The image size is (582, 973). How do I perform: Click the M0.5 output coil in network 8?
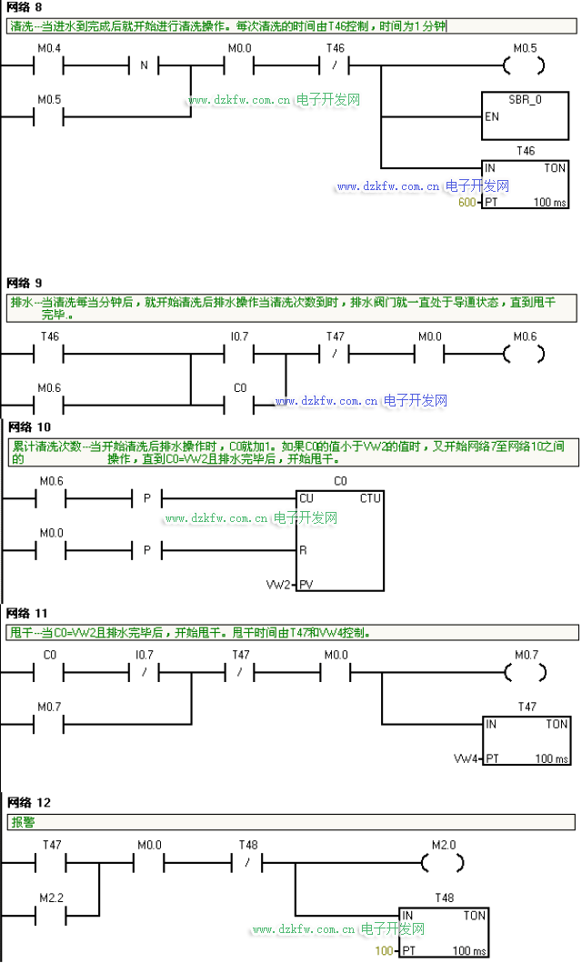[525, 65]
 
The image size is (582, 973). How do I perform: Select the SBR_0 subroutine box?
[525, 116]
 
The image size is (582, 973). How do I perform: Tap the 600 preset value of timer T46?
[467, 202]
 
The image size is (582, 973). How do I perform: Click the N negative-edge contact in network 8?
[144, 65]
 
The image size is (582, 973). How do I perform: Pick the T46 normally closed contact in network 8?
[335, 65]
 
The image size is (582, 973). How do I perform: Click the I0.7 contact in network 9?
[239, 355]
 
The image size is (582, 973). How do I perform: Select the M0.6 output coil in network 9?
[525, 355]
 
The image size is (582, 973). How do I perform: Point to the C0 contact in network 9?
[239, 406]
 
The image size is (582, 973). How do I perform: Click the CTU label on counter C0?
[370, 498]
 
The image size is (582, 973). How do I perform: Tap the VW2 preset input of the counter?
[278, 585]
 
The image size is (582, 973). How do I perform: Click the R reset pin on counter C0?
[303, 550]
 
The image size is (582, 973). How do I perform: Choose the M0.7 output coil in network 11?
[526, 672]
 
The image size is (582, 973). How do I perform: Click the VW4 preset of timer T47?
[466, 758]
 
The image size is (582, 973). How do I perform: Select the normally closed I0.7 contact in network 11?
[144, 672]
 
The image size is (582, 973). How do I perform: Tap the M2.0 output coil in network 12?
[443, 863]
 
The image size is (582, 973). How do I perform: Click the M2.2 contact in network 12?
[51, 916]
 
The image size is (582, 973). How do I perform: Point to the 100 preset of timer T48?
[384, 950]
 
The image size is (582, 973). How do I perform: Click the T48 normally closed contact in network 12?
[247, 863]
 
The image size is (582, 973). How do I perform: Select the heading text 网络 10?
[29, 427]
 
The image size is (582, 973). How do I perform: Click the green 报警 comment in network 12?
[23, 823]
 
